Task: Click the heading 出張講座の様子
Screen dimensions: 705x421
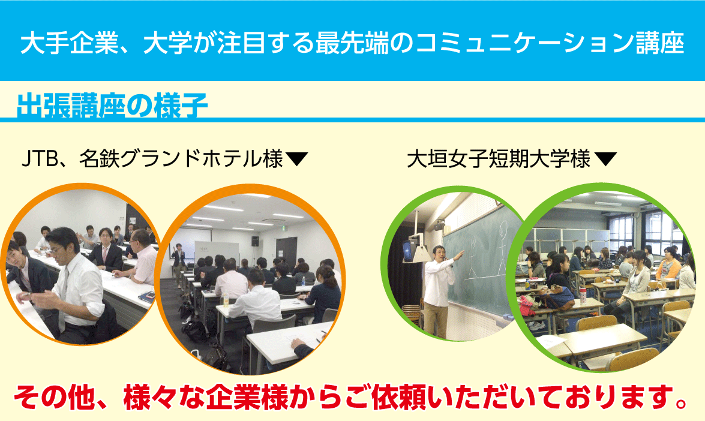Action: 112,106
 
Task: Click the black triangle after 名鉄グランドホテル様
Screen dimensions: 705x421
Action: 296,159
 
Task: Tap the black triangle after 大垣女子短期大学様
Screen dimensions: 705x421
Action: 605,159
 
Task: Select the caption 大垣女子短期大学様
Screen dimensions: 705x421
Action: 499,159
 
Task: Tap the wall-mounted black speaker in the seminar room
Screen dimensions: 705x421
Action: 255,241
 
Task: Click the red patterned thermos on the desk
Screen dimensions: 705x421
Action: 583,296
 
